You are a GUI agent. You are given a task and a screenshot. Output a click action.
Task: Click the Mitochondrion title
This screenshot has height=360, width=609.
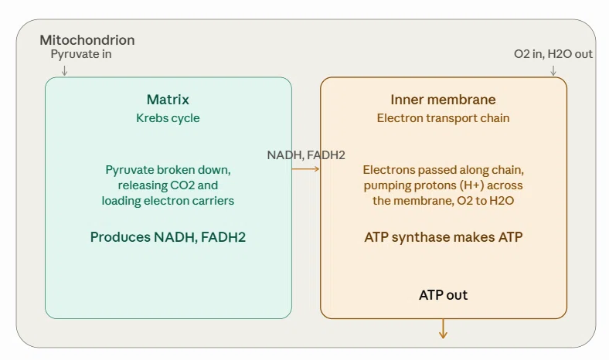coord(87,40)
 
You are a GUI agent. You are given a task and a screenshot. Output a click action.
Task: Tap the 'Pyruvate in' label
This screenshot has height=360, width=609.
coord(81,54)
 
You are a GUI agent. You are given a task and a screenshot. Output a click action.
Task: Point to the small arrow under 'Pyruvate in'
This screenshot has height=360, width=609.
coord(64,70)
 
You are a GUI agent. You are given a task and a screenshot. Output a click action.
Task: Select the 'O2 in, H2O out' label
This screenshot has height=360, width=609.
coord(553,54)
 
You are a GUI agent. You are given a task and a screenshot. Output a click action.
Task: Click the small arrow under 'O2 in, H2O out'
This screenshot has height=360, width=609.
coord(553,70)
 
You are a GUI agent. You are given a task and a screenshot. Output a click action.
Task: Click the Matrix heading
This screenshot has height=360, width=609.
coord(168,100)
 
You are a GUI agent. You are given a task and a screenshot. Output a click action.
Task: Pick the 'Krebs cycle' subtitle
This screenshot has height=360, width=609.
coord(168,118)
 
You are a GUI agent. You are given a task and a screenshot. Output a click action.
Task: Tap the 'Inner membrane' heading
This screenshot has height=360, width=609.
coord(443,100)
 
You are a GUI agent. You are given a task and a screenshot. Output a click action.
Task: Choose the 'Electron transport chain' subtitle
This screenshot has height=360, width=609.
coord(443,118)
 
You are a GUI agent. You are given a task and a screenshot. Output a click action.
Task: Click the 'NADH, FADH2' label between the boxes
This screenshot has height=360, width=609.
coord(306,155)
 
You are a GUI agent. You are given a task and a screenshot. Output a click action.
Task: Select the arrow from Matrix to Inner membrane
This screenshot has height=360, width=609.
coord(306,169)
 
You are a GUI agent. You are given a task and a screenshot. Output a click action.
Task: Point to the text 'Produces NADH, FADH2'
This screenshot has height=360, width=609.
coord(168,237)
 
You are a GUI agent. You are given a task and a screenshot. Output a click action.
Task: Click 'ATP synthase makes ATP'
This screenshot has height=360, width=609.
coord(443,237)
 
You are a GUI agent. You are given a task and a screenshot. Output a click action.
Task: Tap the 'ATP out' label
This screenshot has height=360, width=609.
coord(443,295)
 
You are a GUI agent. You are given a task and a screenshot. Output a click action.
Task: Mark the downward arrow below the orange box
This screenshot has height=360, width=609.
coord(443,328)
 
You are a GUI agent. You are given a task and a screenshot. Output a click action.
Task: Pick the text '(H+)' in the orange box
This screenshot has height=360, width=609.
coord(471,185)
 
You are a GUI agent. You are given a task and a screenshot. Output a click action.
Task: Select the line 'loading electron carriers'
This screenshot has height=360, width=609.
coord(168,201)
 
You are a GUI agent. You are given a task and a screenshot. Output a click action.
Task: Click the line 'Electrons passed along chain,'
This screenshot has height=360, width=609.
coord(443,170)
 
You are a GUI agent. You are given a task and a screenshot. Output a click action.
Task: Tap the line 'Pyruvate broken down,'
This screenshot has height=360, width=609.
coord(168,170)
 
